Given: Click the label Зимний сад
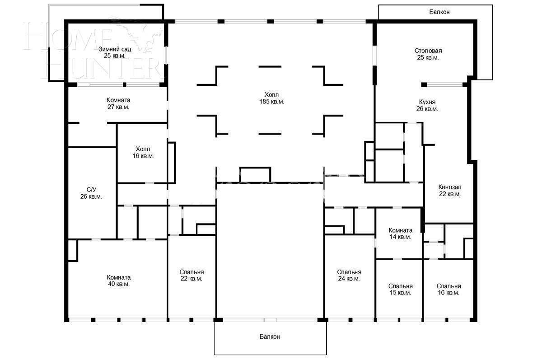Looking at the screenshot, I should [x=115, y=49].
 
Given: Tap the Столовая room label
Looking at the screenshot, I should [x=428, y=51].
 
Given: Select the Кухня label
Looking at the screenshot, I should [x=427, y=102].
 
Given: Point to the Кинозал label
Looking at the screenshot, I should [x=449, y=187].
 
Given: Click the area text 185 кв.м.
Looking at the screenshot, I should [x=271, y=102].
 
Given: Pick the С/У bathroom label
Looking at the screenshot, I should [x=91, y=190].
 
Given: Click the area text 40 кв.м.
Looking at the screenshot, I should [x=118, y=284].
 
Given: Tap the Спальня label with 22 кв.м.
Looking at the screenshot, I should [x=192, y=272].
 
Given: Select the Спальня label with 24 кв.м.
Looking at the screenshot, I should [x=349, y=272].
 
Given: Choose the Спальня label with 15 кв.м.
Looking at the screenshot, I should [x=400, y=286].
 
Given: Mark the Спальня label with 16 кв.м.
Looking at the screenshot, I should [x=449, y=286].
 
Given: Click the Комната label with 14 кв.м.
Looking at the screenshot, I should [x=400, y=230].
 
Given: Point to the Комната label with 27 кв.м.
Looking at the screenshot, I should [x=118, y=100].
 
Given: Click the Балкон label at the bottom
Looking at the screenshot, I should [x=270, y=337].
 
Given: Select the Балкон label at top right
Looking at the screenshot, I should [x=439, y=12].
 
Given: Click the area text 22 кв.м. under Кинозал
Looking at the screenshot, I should [x=449, y=194].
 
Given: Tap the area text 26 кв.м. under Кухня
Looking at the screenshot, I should [x=427, y=109].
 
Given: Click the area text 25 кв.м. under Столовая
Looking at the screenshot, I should [x=428, y=57].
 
